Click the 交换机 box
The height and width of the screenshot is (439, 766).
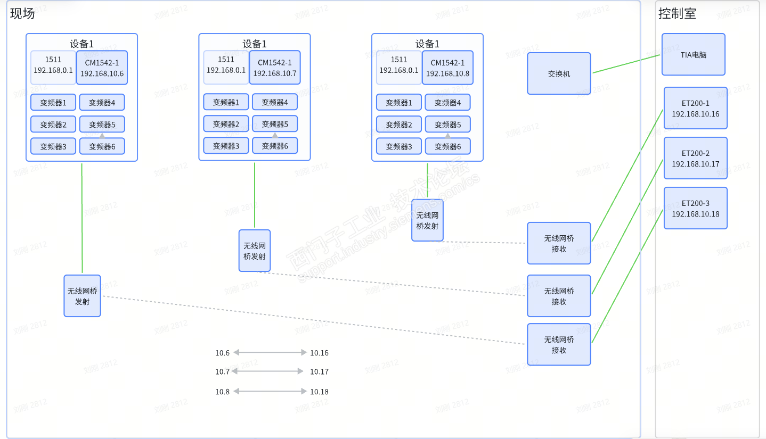559,73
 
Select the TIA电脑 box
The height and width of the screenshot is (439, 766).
693,54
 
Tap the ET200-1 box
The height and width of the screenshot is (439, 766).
695,108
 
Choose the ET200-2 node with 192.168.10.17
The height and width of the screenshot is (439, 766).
695,158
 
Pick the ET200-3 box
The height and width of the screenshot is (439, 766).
695,208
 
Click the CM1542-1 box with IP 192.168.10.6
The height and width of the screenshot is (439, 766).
102,68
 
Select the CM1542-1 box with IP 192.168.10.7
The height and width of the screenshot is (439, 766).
274,68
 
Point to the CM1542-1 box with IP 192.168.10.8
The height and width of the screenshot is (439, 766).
447,68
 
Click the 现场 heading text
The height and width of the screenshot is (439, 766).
22,13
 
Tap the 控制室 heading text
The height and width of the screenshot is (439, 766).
677,13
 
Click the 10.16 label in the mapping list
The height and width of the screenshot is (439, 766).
319,353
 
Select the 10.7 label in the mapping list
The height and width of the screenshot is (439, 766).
222,371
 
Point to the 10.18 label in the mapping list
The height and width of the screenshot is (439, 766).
319,392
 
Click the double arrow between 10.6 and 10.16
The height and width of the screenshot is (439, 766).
270,352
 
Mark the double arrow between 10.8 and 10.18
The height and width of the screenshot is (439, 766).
270,391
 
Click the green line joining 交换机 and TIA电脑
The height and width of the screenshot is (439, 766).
626,63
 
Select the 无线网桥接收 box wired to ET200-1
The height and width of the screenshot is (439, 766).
559,243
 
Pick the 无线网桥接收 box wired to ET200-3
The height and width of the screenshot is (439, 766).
559,344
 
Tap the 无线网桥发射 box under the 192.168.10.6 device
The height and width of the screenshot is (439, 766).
82,296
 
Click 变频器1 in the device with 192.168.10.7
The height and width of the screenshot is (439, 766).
226,102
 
